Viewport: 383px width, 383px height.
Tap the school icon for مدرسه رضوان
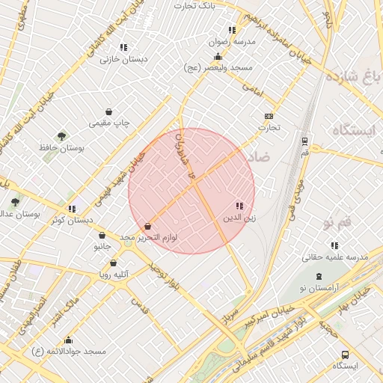tap(232, 30)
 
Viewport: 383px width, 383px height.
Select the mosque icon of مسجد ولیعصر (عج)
tap(218, 56)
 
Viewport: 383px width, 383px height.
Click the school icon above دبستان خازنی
tap(123, 46)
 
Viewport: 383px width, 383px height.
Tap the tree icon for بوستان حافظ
tap(61, 137)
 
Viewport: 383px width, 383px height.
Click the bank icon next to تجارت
tap(269, 116)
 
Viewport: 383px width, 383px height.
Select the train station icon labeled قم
tap(304, 141)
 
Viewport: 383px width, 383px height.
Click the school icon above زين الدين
tap(239, 206)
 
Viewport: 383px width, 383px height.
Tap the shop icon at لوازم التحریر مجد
tap(147, 226)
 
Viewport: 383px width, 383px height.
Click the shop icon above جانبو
tap(102, 235)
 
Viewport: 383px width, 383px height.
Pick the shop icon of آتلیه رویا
tap(113, 263)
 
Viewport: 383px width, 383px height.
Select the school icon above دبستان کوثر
tap(72, 209)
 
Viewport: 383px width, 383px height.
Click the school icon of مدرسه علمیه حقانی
tap(334, 245)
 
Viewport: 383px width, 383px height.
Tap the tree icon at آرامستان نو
tap(307, 277)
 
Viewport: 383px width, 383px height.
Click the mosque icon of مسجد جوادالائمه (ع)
tap(69, 340)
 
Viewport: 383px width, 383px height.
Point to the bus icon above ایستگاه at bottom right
tap(345, 355)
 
